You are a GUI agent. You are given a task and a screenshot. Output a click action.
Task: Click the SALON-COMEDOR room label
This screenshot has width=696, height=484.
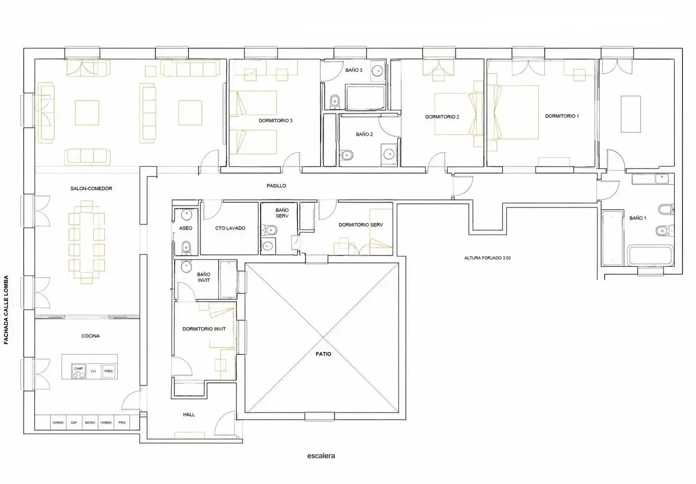pos(91,189)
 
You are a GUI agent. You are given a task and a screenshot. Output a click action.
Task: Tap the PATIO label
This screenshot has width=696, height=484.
pos(323,354)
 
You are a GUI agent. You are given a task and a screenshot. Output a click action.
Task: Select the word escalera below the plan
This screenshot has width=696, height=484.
pos(321,456)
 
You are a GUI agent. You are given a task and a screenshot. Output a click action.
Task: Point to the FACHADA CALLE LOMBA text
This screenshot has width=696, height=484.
pos(6,310)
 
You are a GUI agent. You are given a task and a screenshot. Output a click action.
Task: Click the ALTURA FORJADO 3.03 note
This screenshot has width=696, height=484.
pos(487,258)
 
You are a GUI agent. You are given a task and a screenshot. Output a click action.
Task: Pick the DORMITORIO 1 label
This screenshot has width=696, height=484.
pos(562,116)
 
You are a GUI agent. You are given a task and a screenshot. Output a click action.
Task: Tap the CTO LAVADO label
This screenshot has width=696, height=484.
pos(230,228)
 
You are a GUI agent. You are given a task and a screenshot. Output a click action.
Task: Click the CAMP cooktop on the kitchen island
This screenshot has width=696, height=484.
pos(79,372)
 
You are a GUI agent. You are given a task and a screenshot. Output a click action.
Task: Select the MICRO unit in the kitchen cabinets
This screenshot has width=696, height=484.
pos(90,422)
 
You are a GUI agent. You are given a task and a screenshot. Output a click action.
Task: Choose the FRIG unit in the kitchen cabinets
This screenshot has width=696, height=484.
pos(122,422)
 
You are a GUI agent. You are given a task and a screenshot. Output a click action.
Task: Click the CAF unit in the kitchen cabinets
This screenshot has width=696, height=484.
pos(74,422)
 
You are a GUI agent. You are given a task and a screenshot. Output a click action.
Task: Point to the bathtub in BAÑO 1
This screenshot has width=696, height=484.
pos(650,256)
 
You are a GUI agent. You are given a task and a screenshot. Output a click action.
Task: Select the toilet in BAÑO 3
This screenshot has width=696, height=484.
pos(335,101)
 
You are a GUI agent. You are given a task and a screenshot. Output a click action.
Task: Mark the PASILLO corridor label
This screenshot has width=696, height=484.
pos(276,186)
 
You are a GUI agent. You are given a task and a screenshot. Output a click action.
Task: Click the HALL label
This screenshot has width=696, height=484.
pos(189,415)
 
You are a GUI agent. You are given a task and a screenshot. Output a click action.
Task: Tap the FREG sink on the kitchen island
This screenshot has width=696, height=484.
pos(108,371)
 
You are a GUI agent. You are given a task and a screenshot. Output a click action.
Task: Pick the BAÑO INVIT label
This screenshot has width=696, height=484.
pos(204,277)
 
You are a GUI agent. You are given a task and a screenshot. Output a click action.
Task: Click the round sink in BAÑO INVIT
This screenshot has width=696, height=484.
pos(186,267)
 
